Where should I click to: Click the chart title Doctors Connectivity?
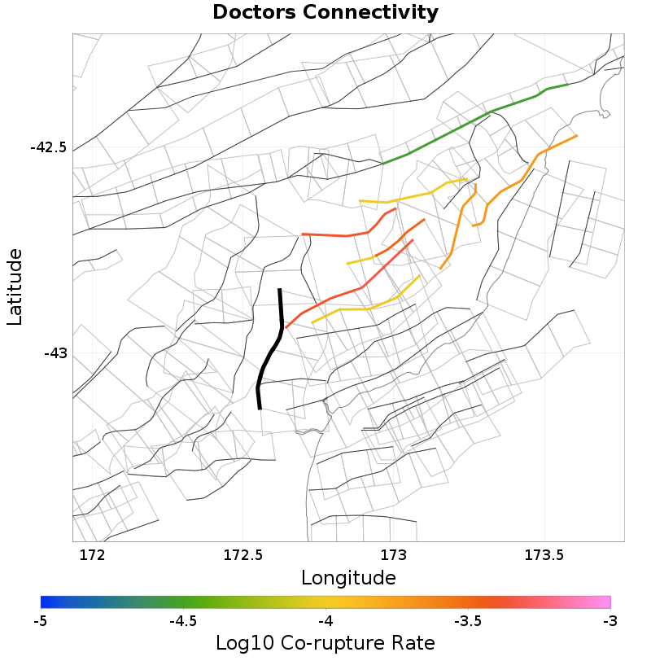tap(325, 13)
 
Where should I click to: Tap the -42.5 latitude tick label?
tap(48, 148)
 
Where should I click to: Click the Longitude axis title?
tap(348, 578)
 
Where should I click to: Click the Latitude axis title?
tap(15, 287)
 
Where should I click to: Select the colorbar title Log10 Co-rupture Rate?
tap(325, 642)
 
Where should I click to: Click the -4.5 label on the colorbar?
tap(182, 621)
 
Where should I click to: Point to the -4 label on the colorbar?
tap(325, 621)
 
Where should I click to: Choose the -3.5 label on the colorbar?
tap(467, 621)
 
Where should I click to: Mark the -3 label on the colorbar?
tap(610, 621)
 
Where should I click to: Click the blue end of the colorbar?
tap(46, 602)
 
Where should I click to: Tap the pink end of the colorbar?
tap(605, 602)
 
